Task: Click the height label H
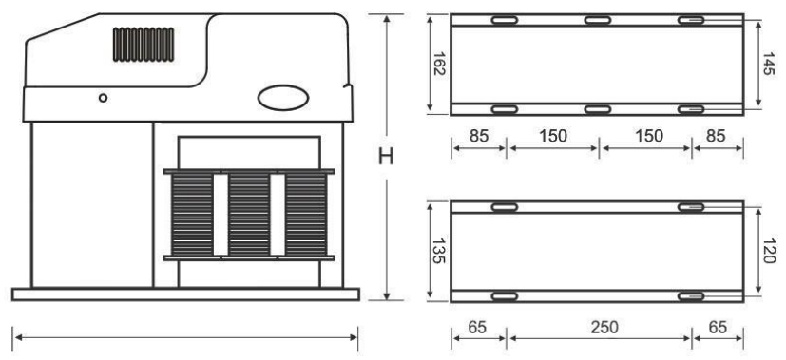386,158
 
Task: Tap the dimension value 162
439,64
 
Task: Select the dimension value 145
769,64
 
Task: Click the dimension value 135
439,251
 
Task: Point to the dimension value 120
769,251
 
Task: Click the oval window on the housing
283,98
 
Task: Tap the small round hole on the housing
103,98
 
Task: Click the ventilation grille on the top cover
144,45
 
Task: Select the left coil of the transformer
193,215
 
